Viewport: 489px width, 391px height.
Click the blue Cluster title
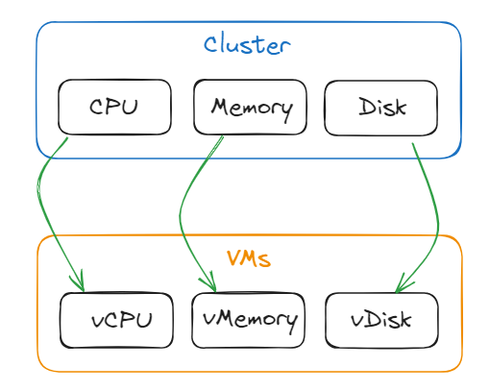tap(247, 44)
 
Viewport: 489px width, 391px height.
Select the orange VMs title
tap(249, 258)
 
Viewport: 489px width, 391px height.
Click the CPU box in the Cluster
tap(114, 107)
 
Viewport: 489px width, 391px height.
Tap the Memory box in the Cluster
tap(250, 107)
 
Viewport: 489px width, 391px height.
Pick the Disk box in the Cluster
tap(381, 107)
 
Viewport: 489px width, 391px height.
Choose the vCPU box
tap(117, 320)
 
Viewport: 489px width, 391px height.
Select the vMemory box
tap(249, 320)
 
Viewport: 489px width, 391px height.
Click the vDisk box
tap(381, 320)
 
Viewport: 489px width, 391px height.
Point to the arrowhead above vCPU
tap(79, 283)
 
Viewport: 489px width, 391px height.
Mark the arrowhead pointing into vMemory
tap(208, 283)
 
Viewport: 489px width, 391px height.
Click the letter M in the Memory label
tap(220, 107)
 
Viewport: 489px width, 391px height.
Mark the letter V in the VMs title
tap(233, 258)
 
